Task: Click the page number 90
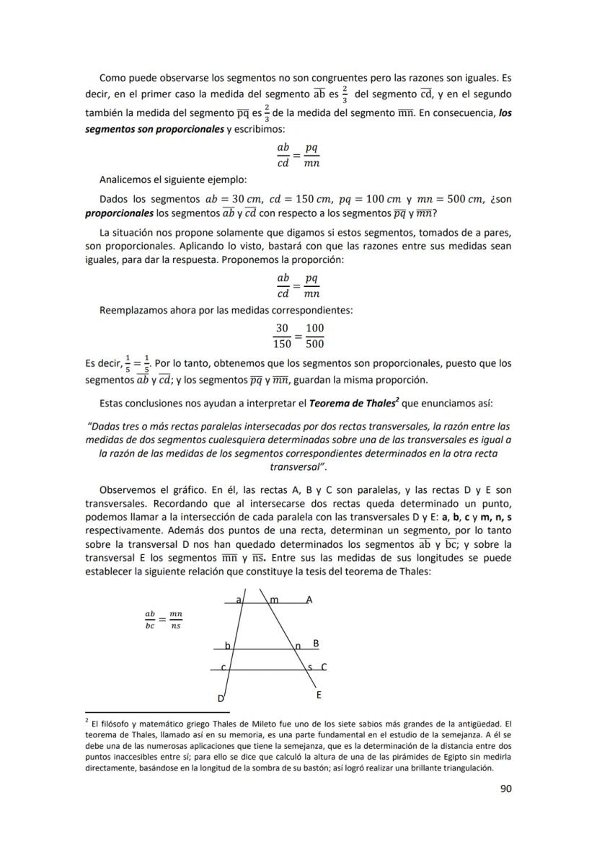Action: tap(505, 789)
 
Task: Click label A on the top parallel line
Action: tap(309, 599)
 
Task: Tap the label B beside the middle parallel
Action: tap(316, 642)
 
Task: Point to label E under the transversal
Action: tap(319, 696)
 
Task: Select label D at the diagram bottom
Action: tap(221, 698)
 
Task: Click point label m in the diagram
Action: tap(274, 600)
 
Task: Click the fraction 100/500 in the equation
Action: tap(314, 336)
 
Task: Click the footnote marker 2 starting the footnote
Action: tap(87, 719)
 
